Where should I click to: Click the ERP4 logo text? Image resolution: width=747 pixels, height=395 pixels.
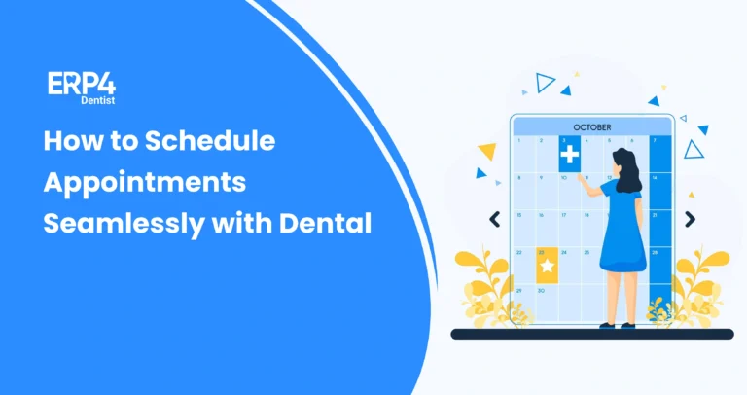click(82, 84)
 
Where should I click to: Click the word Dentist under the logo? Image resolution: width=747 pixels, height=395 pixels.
click(94, 100)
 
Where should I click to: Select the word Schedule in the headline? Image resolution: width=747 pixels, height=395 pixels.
click(210, 141)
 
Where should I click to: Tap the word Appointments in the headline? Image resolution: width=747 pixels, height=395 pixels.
click(144, 182)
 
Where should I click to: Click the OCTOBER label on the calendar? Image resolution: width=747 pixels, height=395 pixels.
click(592, 126)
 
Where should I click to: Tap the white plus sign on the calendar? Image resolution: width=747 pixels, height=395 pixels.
click(569, 155)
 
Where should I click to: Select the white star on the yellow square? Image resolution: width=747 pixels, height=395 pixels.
click(547, 265)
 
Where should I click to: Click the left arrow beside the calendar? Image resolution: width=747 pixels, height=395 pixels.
click(494, 220)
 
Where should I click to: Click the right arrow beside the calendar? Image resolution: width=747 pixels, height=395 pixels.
click(690, 220)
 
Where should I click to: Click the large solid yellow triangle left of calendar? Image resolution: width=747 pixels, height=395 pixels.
click(487, 152)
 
